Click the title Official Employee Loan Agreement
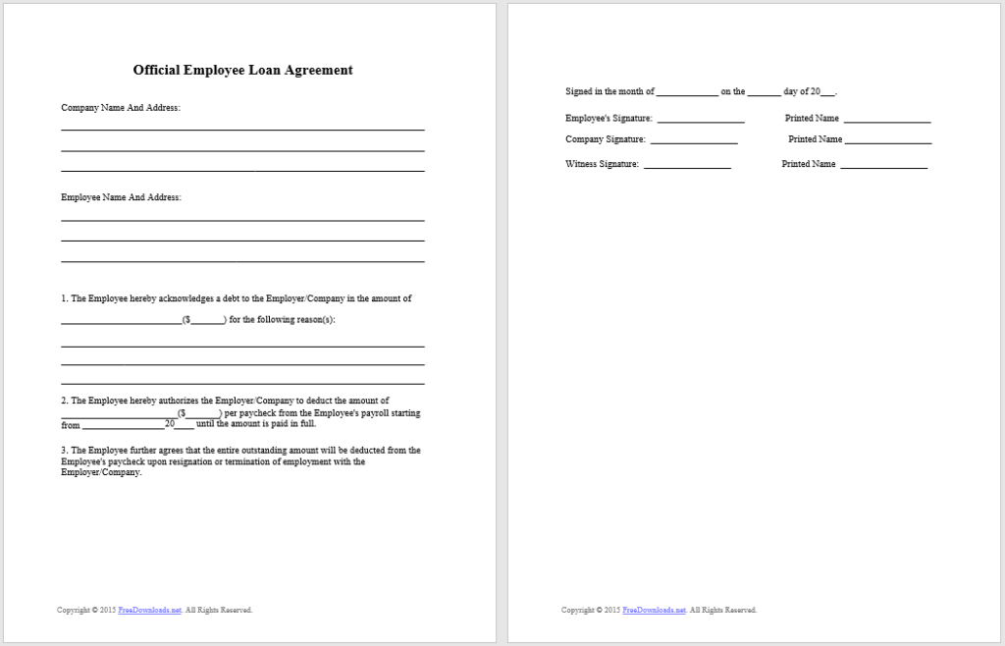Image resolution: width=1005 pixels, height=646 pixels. coord(242,71)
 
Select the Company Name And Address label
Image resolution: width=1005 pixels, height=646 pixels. coord(121,108)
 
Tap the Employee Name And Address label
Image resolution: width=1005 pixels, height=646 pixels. coord(121,197)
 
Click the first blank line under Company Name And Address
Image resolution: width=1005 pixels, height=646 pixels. coord(242,130)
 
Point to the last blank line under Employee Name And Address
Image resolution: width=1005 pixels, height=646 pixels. coord(242,261)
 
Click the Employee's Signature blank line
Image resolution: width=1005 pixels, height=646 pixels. coord(700,122)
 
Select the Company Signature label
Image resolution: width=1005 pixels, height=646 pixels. coord(606,139)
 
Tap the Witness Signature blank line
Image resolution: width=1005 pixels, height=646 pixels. coord(687,168)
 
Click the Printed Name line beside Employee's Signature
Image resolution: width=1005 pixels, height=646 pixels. coord(887,122)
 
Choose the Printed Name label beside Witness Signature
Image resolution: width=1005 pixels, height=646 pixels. coord(809,164)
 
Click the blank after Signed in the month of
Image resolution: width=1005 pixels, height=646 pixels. coord(687,95)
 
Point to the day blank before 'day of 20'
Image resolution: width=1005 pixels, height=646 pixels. coord(764,95)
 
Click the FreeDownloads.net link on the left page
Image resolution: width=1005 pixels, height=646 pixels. coord(149,611)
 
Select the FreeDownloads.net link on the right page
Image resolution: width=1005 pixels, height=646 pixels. coord(655,611)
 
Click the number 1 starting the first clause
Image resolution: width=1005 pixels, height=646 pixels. coord(64,298)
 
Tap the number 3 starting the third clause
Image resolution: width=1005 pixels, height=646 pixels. coord(64,451)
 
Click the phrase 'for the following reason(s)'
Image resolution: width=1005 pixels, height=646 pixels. coord(282,320)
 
